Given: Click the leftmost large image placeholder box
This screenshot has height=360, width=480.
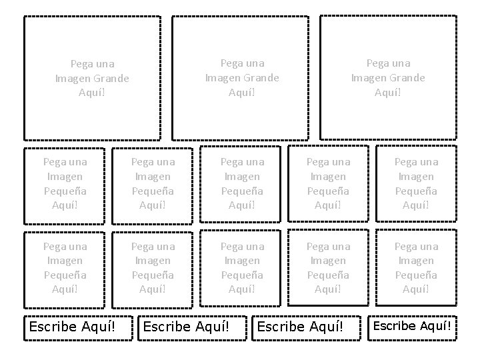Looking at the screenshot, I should tap(92, 78).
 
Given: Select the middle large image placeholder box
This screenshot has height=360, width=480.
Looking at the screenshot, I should tap(241, 78).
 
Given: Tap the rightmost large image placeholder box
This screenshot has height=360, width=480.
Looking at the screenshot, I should tap(389, 78).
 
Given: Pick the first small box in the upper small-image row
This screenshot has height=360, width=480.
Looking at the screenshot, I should tap(65, 183).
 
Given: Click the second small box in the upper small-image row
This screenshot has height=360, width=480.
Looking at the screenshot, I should tap(153, 183).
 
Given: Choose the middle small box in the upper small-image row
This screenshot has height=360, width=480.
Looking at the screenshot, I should tap(241, 183).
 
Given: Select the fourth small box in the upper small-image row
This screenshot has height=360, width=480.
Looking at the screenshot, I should tap(328, 183).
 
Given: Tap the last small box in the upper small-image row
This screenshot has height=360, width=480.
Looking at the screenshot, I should tap(416, 183).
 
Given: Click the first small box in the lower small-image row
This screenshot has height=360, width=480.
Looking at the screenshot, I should tap(65, 268).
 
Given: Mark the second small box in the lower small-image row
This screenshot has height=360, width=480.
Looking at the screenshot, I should tap(153, 268).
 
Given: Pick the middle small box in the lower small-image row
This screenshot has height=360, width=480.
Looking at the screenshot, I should tap(241, 268).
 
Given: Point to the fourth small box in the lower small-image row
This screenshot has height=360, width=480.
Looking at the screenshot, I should tap(328, 268).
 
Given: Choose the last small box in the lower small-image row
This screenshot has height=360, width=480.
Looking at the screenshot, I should tap(416, 268).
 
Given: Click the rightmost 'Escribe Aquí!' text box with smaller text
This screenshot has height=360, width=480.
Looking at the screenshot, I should tap(412, 326).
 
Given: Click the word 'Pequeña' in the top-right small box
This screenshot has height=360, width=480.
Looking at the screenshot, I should tap(416, 191).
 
